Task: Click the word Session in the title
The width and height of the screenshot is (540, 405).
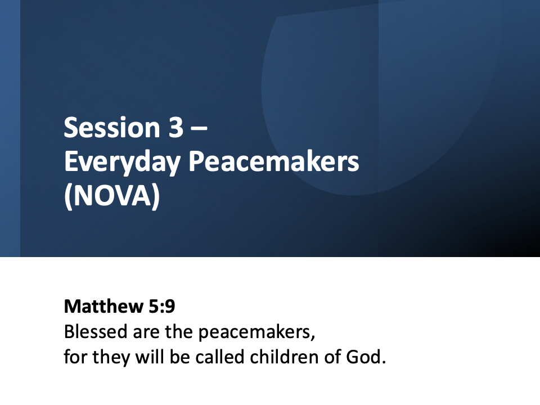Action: (x=112, y=128)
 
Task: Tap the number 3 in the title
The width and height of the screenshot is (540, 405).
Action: (x=176, y=128)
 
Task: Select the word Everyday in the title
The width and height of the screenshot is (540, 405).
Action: (x=122, y=162)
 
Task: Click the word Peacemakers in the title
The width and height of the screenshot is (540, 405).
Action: (x=274, y=161)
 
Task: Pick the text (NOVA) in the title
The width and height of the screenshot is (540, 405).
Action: (x=112, y=196)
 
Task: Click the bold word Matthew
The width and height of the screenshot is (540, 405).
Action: (x=103, y=306)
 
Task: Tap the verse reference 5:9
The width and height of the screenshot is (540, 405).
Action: (x=162, y=306)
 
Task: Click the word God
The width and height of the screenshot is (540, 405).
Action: (x=366, y=357)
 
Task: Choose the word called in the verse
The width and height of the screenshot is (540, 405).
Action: (x=220, y=357)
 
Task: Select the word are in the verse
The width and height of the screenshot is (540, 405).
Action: (x=146, y=334)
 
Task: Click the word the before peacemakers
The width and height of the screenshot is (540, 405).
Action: (x=179, y=332)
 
